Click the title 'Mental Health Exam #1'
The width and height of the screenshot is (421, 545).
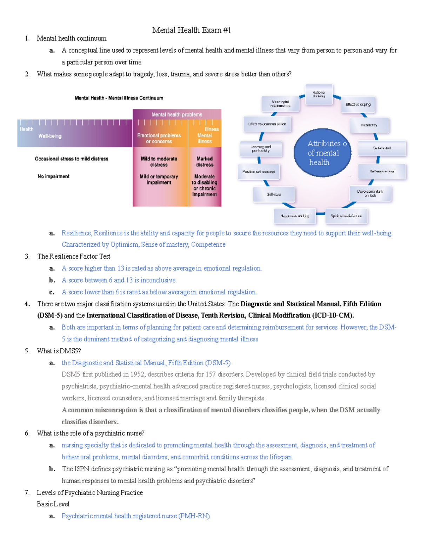point(192,30)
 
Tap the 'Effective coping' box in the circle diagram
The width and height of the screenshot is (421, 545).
point(358,104)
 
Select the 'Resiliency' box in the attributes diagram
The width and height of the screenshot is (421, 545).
point(369,125)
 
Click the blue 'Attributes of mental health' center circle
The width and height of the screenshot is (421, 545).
point(322,153)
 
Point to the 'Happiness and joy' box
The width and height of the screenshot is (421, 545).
point(295,216)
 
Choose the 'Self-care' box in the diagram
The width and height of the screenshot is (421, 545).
point(274,194)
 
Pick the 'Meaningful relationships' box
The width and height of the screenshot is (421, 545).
point(280,104)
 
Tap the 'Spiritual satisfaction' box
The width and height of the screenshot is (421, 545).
point(346,216)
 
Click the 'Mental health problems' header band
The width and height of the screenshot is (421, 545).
point(177,114)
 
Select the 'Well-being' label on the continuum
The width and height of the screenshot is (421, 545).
point(50,136)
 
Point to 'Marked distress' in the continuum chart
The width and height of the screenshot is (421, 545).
point(205,161)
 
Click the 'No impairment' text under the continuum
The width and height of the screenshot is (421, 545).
point(53,176)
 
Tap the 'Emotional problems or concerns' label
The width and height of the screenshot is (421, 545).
point(159,138)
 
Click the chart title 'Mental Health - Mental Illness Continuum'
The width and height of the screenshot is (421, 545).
point(119,98)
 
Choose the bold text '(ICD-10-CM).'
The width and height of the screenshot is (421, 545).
point(333,315)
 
